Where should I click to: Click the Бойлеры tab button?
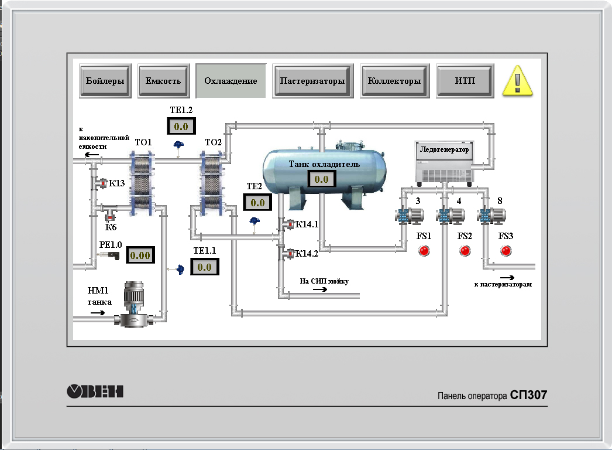[105, 81]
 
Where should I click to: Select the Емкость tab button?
[164, 81]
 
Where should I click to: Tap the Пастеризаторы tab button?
[312, 81]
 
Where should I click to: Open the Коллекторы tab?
[394, 81]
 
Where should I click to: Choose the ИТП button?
[465, 81]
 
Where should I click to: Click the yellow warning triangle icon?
[518, 81]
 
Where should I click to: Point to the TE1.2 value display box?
[181, 127]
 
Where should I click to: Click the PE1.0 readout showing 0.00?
[140, 255]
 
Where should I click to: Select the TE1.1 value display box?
[205, 267]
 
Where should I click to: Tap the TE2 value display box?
[257, 203]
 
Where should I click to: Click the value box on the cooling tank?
[322, 179]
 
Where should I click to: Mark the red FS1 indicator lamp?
[424, 251]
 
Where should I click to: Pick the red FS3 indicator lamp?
[506, 251]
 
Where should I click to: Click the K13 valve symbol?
[102, 183]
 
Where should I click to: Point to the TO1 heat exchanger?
[142, 184]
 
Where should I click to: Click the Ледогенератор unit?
[445, 163]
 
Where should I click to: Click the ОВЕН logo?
[95, 391]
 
